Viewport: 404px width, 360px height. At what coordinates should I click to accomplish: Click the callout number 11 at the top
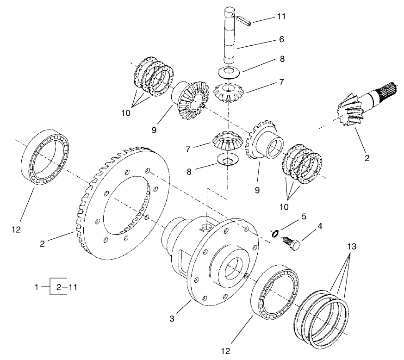tap(281, 17)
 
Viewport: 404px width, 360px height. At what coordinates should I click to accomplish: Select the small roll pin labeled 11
tap(244, 20)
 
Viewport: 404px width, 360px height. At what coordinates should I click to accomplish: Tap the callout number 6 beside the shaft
tap(281, 40)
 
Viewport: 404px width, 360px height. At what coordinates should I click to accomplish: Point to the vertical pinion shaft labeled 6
tap(230, 42)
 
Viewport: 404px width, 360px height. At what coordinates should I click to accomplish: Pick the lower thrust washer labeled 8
tap(226, 161)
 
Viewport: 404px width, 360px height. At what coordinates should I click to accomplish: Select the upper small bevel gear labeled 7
tap(230, 93)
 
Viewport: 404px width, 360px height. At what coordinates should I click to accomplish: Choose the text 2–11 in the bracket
tap(67, 287)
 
